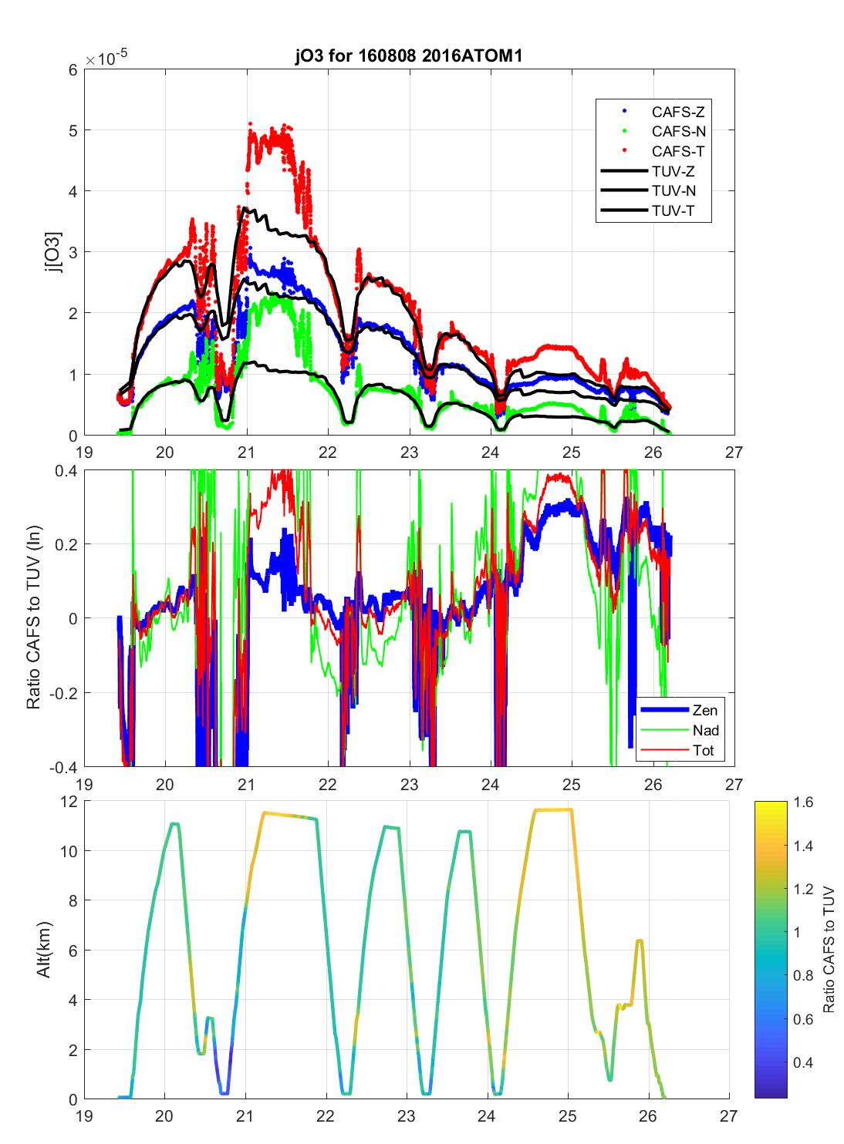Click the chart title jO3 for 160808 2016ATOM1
(x=409, y=56)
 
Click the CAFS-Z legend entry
(x=677, y=112)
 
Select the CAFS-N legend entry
(x=678, y=132)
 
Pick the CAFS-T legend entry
(x=677, y=152)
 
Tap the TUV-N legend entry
(x=674, y=191)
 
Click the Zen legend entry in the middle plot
(x=704, y=711)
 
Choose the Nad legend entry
(x=705, y=731)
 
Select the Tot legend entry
(x=703, y=751)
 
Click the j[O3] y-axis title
(x=52, y=252)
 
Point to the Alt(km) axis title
(x=44, y=950)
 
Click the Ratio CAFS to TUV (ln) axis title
(x=33, y=617)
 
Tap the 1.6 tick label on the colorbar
(x=803, y=802)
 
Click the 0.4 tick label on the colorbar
(x=803, y=1063)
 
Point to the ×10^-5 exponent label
(x=106, y=59)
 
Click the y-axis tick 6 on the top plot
(x=73, y=70)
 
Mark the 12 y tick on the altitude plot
(x=69, y=802)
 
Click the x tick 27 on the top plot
(x=734, y=453)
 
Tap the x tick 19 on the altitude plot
(x=84, y=1115)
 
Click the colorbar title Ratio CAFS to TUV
(x=829, y=950)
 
